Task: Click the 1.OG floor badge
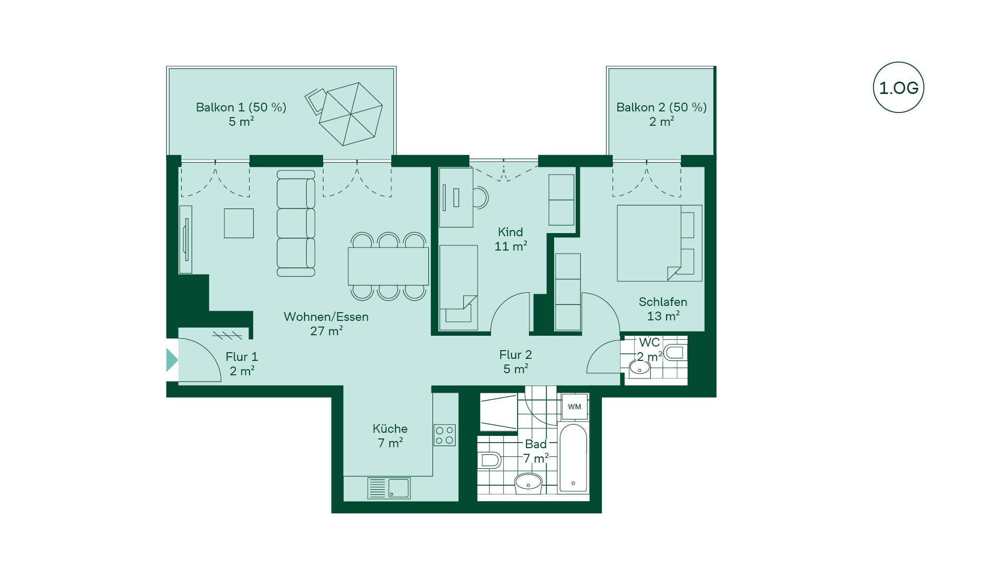[898, 87]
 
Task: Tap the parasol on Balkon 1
[351, 114]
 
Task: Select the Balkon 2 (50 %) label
[661, 107]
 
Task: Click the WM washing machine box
[574, 407]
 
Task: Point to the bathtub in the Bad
[573, 457]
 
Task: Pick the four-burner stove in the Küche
[444, 435]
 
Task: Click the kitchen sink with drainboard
[389, 488]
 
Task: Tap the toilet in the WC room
[675, 353]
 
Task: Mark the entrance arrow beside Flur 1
[172, 360]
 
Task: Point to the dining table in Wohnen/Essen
[388, 266]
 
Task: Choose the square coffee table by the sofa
[239, 223]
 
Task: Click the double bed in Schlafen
[659, 243]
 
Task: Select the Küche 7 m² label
[390, 435]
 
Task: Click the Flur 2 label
[516, 355]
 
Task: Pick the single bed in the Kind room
[459, 287]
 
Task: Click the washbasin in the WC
[639, 368]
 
